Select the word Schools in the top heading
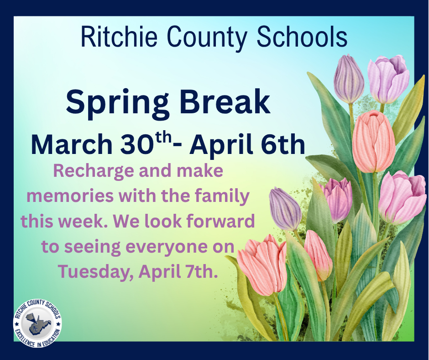[302, 37]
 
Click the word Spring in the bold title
[120, 103]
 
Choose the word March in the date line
[71, 145]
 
